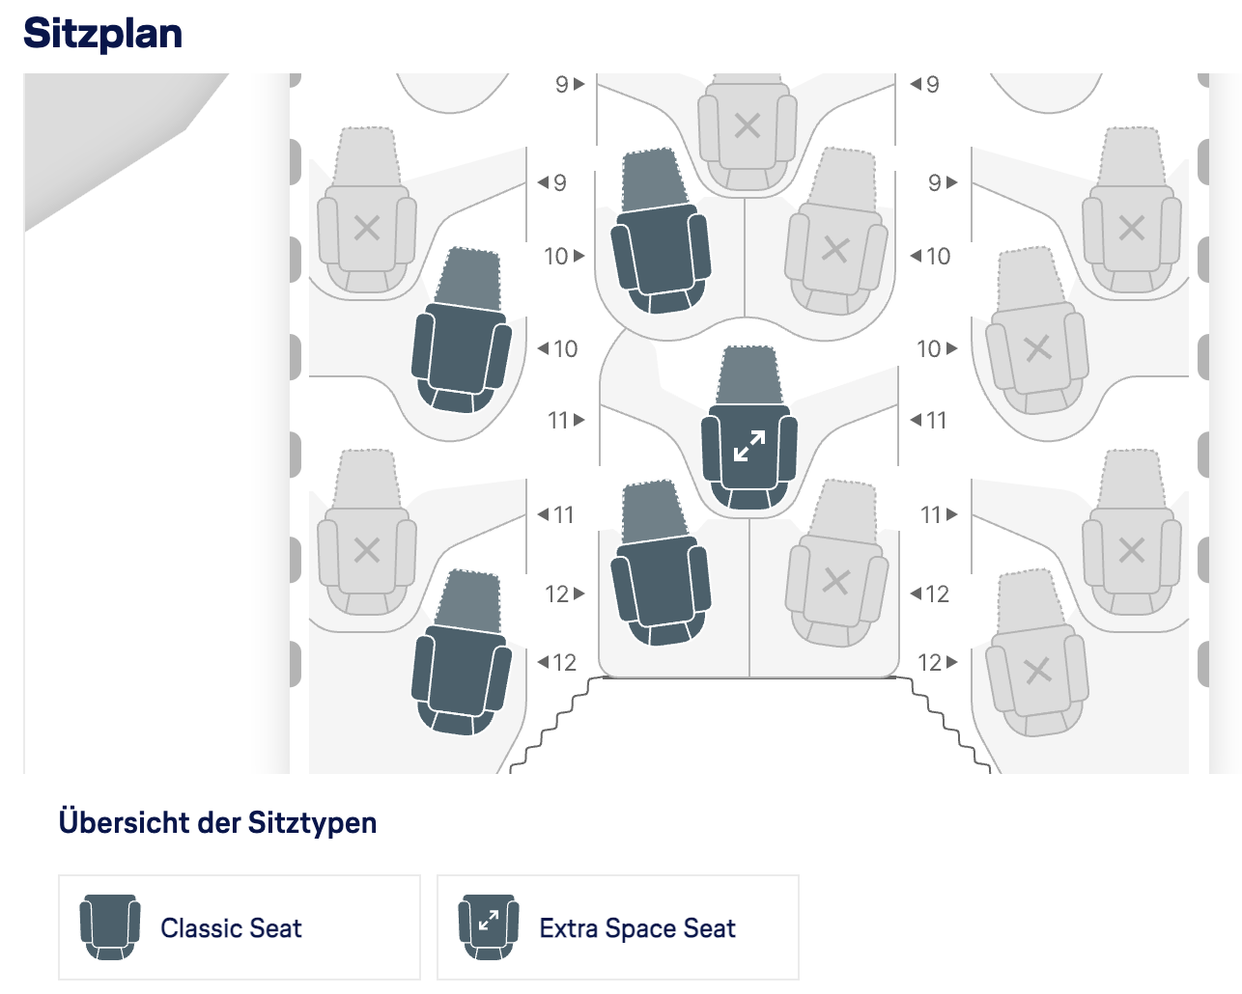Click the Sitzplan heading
[x=102, y=34]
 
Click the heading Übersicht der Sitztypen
[x=217, y=823]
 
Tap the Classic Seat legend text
[x=231, y=928]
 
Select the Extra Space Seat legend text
[x=637, y=928]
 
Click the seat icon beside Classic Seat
[x=109, y=926]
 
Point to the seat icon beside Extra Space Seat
[x=488, y=926]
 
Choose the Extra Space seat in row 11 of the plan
[x=749, y=449]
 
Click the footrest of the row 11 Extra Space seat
[x=748, y=374]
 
